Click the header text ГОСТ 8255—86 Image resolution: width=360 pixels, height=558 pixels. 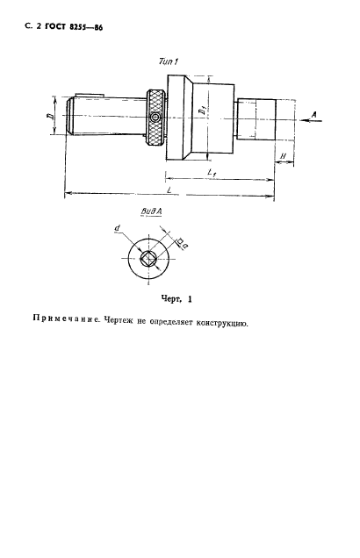[61, 29]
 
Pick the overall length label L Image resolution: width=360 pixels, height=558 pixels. [168, 190]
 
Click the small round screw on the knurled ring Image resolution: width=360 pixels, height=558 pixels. [155, 118]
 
